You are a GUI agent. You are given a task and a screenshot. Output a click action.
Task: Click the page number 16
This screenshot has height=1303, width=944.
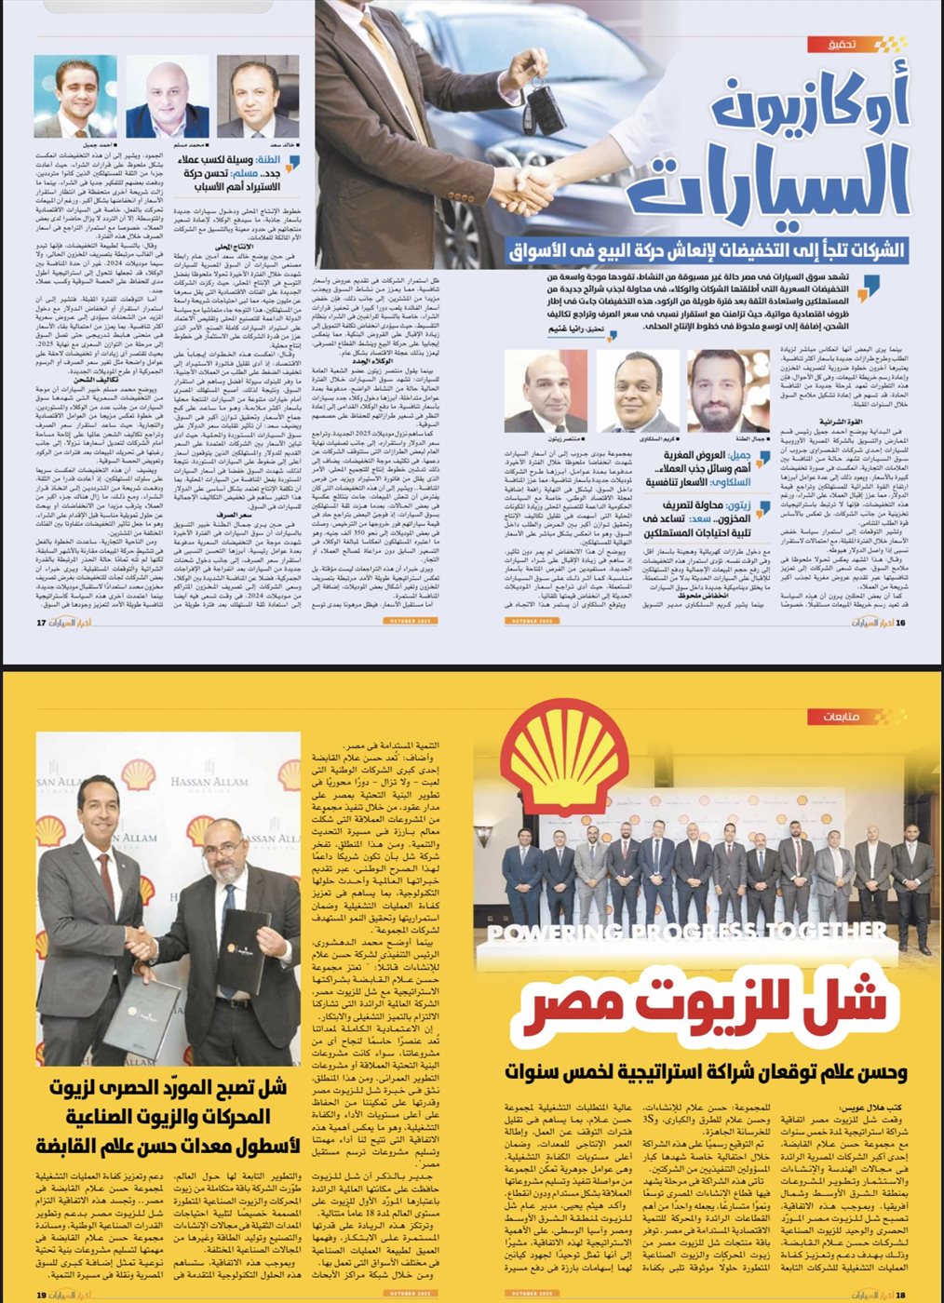click(901, 623)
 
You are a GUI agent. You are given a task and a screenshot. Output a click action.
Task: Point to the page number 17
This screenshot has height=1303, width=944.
click(41, 623)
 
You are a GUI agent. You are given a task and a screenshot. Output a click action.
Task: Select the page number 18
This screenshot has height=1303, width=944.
click(901, 1294)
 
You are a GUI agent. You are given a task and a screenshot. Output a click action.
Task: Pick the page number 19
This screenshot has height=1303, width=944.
click(41, 1294)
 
